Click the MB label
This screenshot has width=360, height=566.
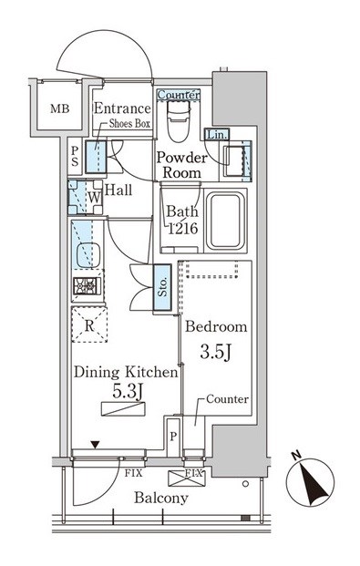(60, 108)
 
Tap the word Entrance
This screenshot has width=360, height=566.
(122, 108)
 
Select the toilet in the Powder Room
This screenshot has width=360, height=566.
(179, 121)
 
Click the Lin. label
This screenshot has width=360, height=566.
(217, 135)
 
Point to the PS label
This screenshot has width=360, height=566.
(75, 156)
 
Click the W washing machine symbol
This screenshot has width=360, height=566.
(86, 198)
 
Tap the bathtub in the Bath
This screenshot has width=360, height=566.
(226, 221)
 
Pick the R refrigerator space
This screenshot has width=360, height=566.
(89, 324)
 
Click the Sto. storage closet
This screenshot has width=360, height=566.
(162, 287)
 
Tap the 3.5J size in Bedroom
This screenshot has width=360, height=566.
(216, 353)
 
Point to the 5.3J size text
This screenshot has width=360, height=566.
(129, 392)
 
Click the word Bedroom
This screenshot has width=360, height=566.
(216, 326)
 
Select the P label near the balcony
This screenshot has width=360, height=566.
(173, 437)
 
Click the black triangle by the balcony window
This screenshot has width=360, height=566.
(95, 445)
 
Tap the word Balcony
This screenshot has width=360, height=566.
(161, 499)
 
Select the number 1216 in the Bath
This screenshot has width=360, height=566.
(183, 229)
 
